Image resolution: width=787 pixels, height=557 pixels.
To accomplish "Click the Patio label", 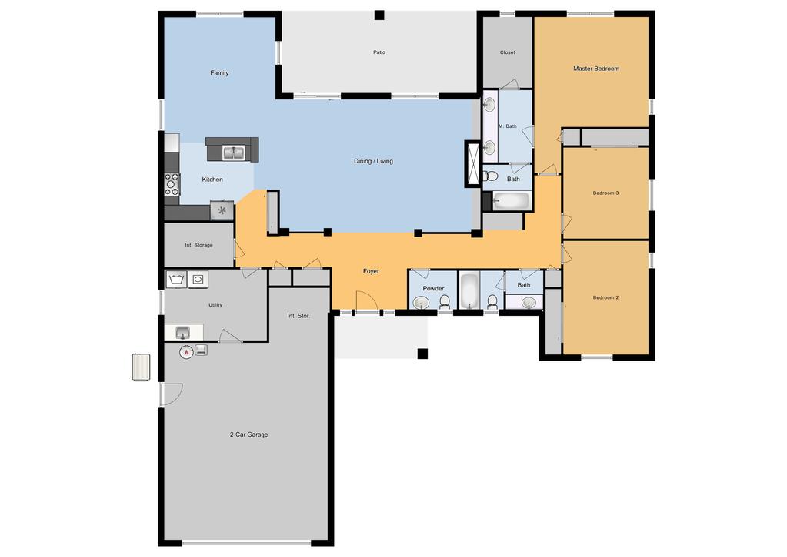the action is pos(379,52).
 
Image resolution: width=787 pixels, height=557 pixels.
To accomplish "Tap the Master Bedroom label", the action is pos(595,69).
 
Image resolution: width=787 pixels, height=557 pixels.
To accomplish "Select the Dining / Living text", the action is pos(373,161).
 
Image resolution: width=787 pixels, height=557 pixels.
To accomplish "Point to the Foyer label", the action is pos(371,271).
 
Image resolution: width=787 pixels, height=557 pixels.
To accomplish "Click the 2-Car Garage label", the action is pos(248,435).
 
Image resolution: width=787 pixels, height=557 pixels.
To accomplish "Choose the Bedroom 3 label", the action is pos(605,193).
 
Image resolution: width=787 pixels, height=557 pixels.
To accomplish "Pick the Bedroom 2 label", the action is pos(605,297).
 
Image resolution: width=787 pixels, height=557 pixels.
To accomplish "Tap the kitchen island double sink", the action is pos(233,153).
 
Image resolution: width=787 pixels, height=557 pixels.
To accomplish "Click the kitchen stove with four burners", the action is pos(172,184).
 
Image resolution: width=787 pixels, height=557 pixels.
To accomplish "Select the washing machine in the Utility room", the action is pos(176,280).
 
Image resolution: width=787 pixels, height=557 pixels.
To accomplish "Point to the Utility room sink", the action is pos(183,332).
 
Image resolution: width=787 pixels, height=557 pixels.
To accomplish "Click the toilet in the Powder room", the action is pos(445,302).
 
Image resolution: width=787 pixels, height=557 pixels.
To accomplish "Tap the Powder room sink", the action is pos(421,303).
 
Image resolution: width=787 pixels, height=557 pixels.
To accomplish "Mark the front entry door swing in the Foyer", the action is pos(367,300).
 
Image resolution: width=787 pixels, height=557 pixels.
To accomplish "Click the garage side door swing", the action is pos(172,394).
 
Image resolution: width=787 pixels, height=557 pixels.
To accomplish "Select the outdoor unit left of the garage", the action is pos(141,367).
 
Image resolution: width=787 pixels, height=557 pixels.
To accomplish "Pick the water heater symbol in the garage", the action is pos(186,352).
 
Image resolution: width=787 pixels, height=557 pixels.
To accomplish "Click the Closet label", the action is pos(508,52).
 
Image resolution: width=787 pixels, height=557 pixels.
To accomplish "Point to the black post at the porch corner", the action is pos(422,354).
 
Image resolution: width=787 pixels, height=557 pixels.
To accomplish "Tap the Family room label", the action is pos(219,73).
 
